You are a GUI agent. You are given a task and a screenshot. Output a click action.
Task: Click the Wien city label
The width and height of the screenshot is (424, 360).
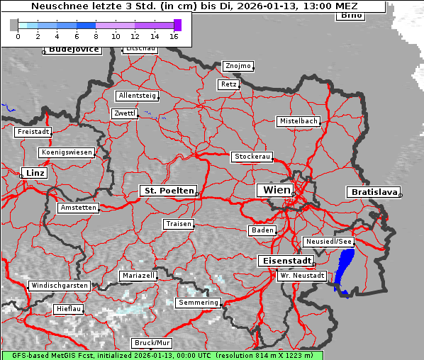point(277,190)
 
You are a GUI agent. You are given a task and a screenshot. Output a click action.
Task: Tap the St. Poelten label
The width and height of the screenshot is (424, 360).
point(167,191)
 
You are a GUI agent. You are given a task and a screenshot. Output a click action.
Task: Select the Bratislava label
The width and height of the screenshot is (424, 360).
point(372,192)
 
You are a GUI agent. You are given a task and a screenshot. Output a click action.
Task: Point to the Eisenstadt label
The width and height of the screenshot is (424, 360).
point(283,261)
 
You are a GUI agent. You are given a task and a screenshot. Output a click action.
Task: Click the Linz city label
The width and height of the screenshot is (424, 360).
point(33,173)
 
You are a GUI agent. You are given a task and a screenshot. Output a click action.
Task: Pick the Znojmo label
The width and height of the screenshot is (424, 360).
point(238,66)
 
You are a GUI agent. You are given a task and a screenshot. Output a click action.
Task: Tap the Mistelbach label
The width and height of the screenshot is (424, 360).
point(299,121)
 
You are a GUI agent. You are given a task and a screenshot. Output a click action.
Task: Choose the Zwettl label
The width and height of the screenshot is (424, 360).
point(125,113)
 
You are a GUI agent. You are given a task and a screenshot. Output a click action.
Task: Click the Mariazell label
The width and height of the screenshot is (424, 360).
point(138,275)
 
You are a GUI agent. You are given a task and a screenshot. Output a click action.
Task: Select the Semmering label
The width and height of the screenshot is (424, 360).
point(199,303)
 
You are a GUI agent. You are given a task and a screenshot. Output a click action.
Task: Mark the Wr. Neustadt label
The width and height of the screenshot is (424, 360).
point(302,275)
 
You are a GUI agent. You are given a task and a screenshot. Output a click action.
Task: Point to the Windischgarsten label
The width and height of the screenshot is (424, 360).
point(59,286)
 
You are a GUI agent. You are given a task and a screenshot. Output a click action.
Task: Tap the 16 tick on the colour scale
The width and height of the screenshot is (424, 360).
point(174,35)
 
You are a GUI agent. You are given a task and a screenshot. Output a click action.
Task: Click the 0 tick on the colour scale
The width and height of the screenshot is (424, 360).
point(18,35)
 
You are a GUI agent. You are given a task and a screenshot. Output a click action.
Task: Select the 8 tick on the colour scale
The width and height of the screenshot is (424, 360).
point(96,35)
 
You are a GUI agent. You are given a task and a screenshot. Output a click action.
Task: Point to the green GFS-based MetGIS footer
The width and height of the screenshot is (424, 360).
point(162,355)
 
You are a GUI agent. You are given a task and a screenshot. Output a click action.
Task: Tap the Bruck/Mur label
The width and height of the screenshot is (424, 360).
point(151,343)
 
